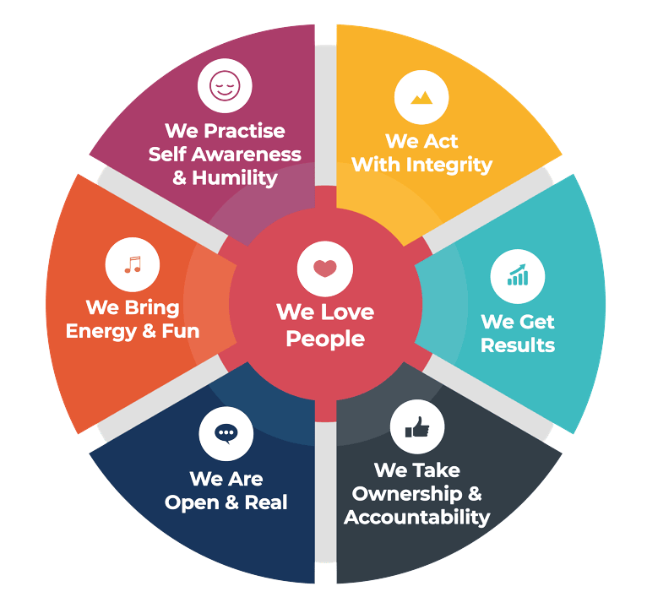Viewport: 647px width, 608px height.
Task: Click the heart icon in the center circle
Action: (324, 269)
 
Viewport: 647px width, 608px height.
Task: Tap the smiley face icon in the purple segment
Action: (225, 85)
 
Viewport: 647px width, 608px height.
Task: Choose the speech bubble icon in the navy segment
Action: (226, 432)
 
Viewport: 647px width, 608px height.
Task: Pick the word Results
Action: (518, 345)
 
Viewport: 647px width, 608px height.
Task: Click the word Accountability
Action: (416, 517)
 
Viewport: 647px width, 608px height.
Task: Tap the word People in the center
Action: (325, 339)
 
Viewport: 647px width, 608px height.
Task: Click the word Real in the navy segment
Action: (266, 502)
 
